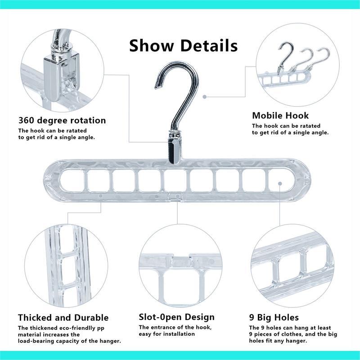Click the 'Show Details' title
(183, 45)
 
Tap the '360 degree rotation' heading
(62, 121)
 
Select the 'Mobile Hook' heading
(280, 116)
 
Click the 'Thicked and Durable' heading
(63, 318)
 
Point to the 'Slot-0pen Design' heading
(177, 318)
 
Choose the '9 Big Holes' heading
(274, 318)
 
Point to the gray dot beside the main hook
(204, 96)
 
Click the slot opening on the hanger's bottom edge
(176, 197)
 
